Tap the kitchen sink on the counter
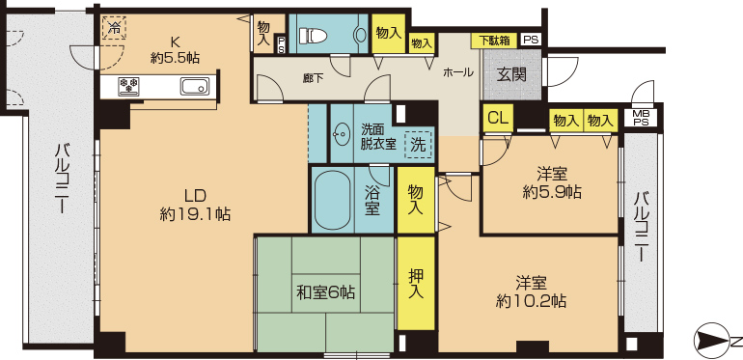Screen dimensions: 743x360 pos(194,87)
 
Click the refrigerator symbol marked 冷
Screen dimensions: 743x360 pos(114,28)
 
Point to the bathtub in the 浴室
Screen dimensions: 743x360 pos(332,200)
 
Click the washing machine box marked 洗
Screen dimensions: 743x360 pos(419,145)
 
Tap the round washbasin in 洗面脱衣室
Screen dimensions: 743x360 pos(342,135)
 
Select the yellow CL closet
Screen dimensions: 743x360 pos(498,119)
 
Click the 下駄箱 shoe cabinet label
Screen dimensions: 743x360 pos(494,41)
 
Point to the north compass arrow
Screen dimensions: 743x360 pos(711,341)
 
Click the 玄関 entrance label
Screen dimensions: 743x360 pos(511,74)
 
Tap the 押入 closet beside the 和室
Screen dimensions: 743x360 pos(416,283)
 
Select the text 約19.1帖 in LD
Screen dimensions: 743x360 pos(195,215)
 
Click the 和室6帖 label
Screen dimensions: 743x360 pos(325,292)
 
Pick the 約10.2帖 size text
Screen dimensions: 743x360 pos(531,301)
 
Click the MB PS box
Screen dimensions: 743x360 pos(644,118)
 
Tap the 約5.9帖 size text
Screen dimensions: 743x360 pos(553,192)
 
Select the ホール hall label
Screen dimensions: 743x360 pos(457,72)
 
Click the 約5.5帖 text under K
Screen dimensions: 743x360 pos(175,58)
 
